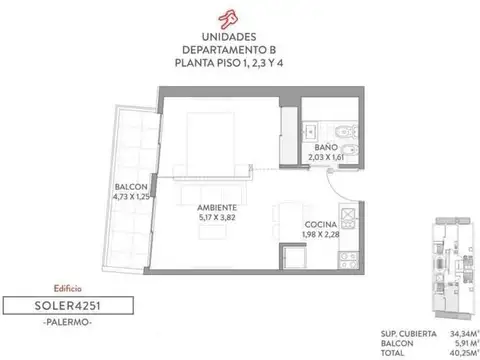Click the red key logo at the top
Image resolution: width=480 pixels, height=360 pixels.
click(228, 19)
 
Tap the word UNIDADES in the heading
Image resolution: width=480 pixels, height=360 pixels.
click(229, 37)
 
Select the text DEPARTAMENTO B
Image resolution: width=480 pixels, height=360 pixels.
click(229, 50)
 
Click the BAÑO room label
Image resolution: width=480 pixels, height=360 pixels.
click(326, 147)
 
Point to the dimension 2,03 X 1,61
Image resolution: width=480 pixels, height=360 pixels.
click(326, 157)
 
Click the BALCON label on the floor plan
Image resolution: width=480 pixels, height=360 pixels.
click(131, 187)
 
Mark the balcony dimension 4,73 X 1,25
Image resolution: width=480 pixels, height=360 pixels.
click(131, 197)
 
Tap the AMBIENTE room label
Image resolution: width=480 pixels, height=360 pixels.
click(217, 208)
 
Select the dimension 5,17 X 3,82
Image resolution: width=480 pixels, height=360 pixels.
click(217, 218)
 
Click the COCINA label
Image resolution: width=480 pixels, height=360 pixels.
click(321, 225)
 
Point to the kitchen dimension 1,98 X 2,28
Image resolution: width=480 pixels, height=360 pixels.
click(321, 235)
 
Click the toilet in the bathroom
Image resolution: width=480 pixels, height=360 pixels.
click(347, 132)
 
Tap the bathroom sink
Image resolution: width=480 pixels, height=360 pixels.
click(311, 132)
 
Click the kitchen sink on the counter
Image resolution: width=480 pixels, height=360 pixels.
click(349, 218)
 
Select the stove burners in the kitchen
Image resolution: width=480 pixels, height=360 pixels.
click(348, 260)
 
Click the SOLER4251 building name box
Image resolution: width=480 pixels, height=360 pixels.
click(68, 305)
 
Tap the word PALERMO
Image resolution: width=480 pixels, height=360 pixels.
click(68, 322)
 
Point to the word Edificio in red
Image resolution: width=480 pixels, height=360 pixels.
click(68, 288)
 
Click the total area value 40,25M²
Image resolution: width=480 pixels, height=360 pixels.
click(465, 353)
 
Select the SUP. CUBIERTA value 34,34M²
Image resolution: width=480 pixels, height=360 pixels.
click(465, 334)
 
